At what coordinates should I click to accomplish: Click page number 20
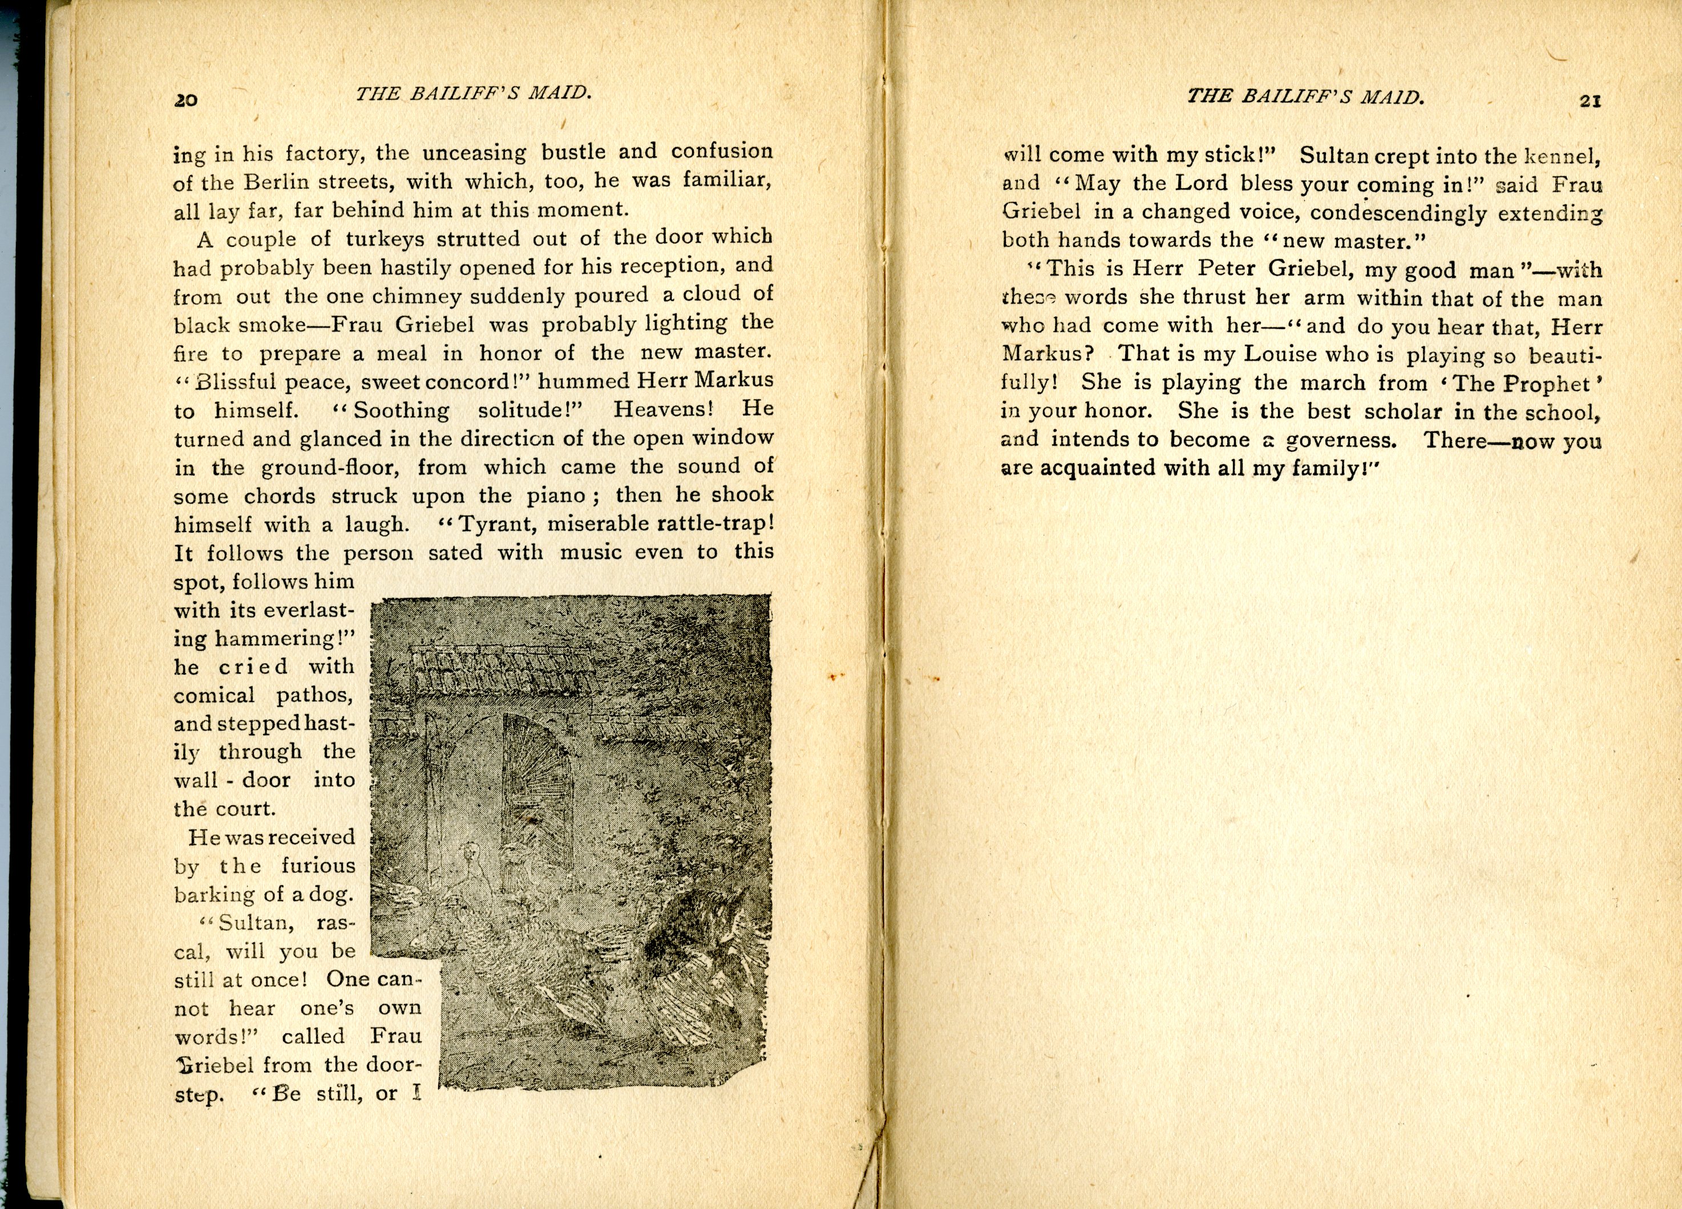[x=185, y=99]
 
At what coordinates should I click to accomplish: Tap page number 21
[x=1590, y=102]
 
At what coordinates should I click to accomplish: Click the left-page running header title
[x=473, y=94]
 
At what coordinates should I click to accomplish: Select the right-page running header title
[x=1305, y=96]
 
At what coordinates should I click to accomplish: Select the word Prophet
[x=1546, y=383]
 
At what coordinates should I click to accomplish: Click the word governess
[x=1340, y=440]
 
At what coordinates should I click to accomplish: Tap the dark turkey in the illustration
[x=690, y=942]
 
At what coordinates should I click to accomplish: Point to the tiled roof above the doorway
[x=504, y=671]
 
